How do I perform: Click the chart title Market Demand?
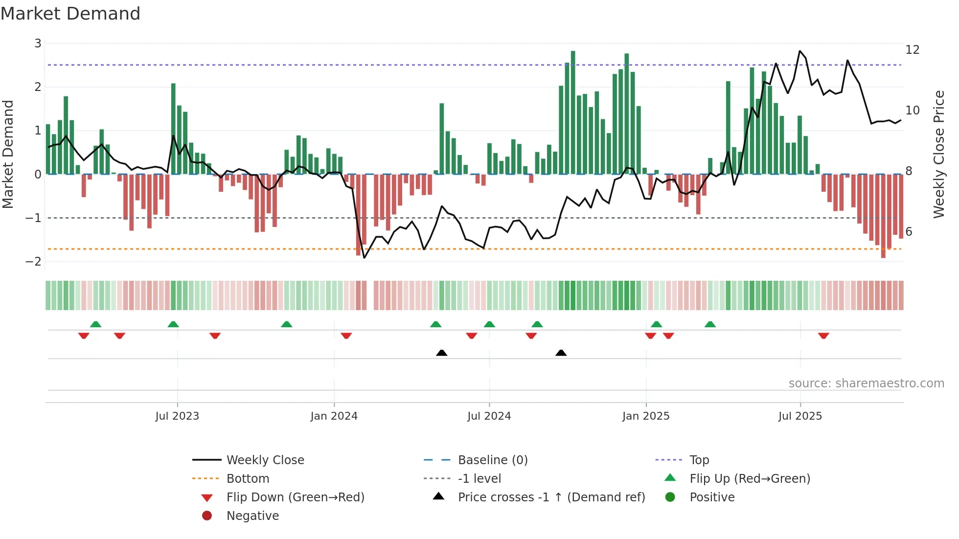click(x=70, y=14)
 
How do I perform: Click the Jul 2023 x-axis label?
click(x=177, y=416)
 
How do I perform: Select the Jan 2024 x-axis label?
click(x=334, y=416)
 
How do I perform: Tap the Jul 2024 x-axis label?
click(x=489, y=416)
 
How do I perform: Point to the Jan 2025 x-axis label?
click(x=646, y=416)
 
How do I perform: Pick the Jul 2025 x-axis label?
click(x=800, y=416)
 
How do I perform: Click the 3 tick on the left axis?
click(x=38, y=44)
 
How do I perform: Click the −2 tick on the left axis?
click(x=33, y=261)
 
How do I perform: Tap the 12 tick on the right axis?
click(x=913, y=50)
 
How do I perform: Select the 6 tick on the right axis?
click(x=909, y=232)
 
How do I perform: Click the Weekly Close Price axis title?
click(x=938, y=154)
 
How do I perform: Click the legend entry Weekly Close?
click(x=265, y=460)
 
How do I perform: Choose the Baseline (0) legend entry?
click(x=492, y=460)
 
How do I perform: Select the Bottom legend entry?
click(x=248, y=479)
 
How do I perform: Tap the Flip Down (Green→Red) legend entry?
click(x=295, y=497)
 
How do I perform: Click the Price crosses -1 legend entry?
click(x=551, y=497)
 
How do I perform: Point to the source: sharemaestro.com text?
click(x=866, y=383)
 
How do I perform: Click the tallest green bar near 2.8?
click(x=573, y=112)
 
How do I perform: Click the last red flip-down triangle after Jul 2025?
click(x=823, y=336)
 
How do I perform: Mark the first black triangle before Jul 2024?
click(x=441, y=353)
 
